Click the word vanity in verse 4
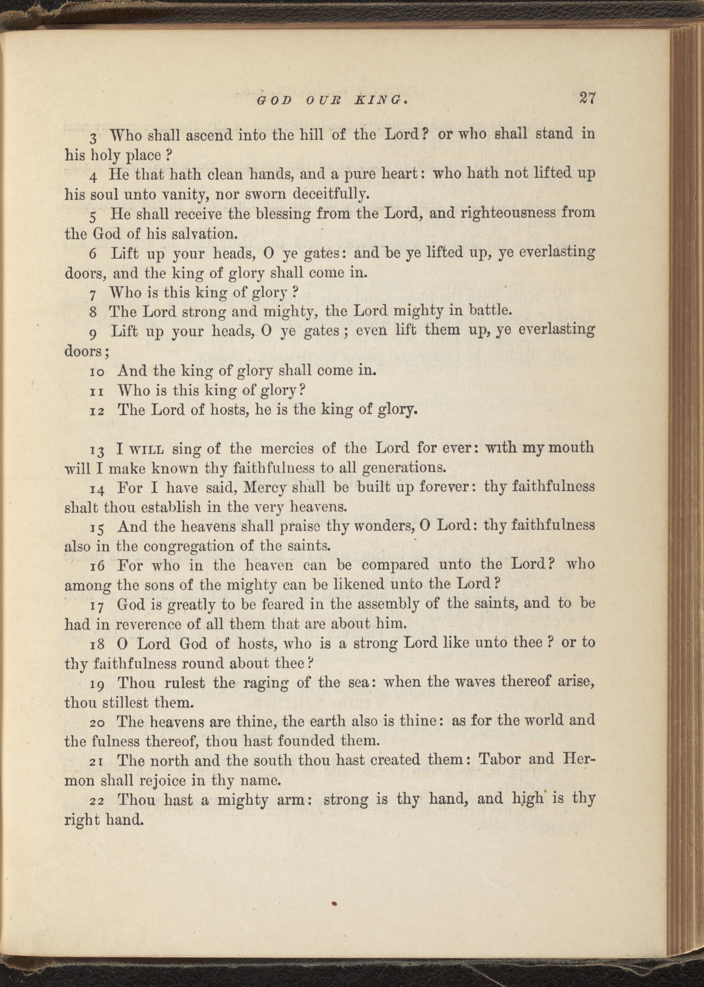click(x=181, y=194)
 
